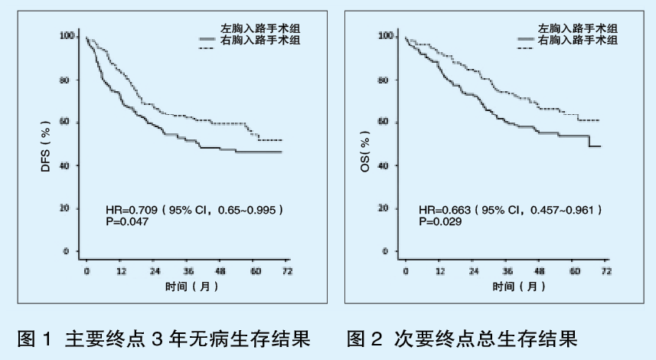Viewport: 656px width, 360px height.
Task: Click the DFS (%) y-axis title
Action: coord(45,144)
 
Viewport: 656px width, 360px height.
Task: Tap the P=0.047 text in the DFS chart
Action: coord(127,221)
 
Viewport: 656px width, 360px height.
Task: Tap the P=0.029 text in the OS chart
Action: coord(439,221)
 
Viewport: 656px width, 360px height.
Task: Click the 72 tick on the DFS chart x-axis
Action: coord(286,271)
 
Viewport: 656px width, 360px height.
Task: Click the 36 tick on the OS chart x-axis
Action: coord(506,271)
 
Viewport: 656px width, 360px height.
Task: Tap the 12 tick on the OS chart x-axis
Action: coord(439,271)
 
